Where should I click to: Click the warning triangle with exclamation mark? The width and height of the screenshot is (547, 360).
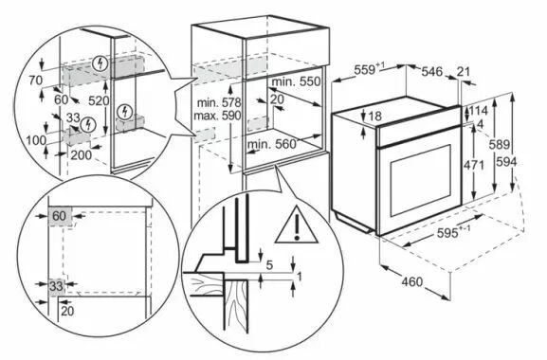[296, 226]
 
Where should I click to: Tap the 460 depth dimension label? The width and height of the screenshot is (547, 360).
[411, 281]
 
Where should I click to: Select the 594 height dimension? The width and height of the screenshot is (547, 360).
[506, 162]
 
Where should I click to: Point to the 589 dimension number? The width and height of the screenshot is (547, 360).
[500, 144]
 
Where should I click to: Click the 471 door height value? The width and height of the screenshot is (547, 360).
[474, 165]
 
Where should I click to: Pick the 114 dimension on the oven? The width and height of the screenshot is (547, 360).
[478, 111]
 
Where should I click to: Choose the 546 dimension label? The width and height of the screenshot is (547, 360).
[432, 72]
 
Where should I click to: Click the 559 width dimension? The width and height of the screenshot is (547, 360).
[369, 69]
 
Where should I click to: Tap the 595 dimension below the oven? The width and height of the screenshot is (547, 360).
[453, 232]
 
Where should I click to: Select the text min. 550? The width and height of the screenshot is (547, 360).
[296, 81]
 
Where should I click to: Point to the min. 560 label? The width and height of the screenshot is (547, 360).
[271, 144]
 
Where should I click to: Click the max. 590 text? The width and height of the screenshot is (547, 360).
[217, 116]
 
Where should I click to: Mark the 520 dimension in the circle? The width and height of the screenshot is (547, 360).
[99, 101]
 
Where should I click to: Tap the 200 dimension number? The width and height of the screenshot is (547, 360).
[82, 154]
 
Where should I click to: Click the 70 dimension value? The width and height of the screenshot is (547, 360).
[36, 81]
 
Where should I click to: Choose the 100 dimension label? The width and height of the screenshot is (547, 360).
[36, 140]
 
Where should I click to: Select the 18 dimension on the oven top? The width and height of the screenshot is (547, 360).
[375, 116]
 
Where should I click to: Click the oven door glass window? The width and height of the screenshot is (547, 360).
[420, 181]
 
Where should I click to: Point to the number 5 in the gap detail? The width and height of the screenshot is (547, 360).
[269, 265]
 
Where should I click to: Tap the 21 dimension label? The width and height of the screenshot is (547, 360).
[464, 72]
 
